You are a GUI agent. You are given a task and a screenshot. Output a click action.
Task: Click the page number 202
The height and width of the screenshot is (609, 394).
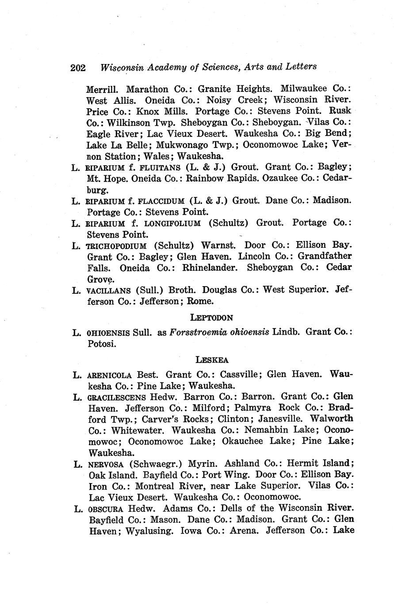pyautogui.click(x=77, y=68)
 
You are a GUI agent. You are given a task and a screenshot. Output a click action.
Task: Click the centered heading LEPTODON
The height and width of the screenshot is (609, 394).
pyautogui.click(x=211, y=317)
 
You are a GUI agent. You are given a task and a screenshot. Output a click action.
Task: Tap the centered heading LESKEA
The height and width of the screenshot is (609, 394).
pyautogui.click(x=212, y=359)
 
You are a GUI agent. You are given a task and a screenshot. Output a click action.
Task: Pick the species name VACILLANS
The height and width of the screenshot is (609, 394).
pyautogui.click(x=109, y=290)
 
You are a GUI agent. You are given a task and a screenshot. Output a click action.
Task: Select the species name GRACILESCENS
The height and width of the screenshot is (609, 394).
pyautogui.click(x=117, y=397)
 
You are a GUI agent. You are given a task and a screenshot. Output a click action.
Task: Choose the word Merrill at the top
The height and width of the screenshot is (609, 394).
pyautogui.click(x=102, y=88)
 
